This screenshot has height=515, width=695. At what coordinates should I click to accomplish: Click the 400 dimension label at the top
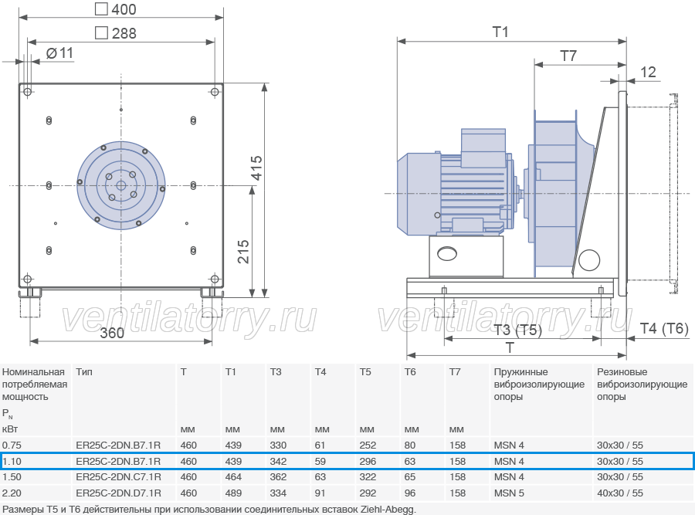coord(116,9)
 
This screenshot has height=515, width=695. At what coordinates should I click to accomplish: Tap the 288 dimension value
coord(116,33)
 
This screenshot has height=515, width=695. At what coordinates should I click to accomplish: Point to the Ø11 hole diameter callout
coord(59,53)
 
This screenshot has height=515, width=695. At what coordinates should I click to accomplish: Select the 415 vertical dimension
coord(256,168)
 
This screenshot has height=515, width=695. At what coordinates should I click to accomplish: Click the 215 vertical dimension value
coord(243,252)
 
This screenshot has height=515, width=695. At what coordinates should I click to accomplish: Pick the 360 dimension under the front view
coord(112,333)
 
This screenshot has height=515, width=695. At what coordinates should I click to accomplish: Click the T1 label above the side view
coord(500,32)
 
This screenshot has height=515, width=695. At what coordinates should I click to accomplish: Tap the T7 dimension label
coord(568,56)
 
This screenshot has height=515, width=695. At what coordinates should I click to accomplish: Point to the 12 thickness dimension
coord(648,73)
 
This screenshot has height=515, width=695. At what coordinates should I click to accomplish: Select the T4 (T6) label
coord(664,328)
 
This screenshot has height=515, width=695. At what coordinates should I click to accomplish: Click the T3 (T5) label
coord(517,330)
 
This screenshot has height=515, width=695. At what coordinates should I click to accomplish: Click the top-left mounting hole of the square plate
coord(28,92)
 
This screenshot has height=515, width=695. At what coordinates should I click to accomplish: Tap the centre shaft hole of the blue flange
coord(121,185)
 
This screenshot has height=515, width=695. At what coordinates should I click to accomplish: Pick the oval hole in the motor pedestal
coord(447,253)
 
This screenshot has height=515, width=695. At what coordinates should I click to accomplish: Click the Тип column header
coord(84,372)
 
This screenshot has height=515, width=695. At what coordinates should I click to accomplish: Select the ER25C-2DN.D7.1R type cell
coord(118,493)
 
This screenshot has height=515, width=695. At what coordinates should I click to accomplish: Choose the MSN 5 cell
coord(509,493)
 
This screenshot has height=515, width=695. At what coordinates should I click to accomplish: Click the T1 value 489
coord(233,493)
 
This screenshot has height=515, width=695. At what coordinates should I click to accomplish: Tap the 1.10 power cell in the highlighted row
coord(12,462)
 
